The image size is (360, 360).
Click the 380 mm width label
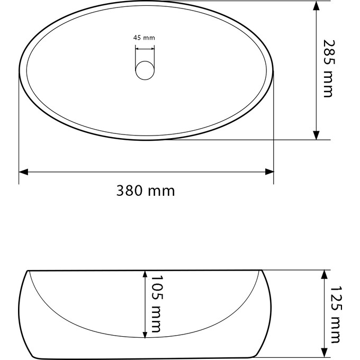tap(146, 191)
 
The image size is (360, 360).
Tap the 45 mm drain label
tap(144, 38)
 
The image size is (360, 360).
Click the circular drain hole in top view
tap(145, 70)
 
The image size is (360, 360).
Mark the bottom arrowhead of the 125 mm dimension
tap(323, 353)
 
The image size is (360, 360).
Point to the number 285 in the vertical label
tap(328, 52)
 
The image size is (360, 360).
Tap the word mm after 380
tap(161, 191)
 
